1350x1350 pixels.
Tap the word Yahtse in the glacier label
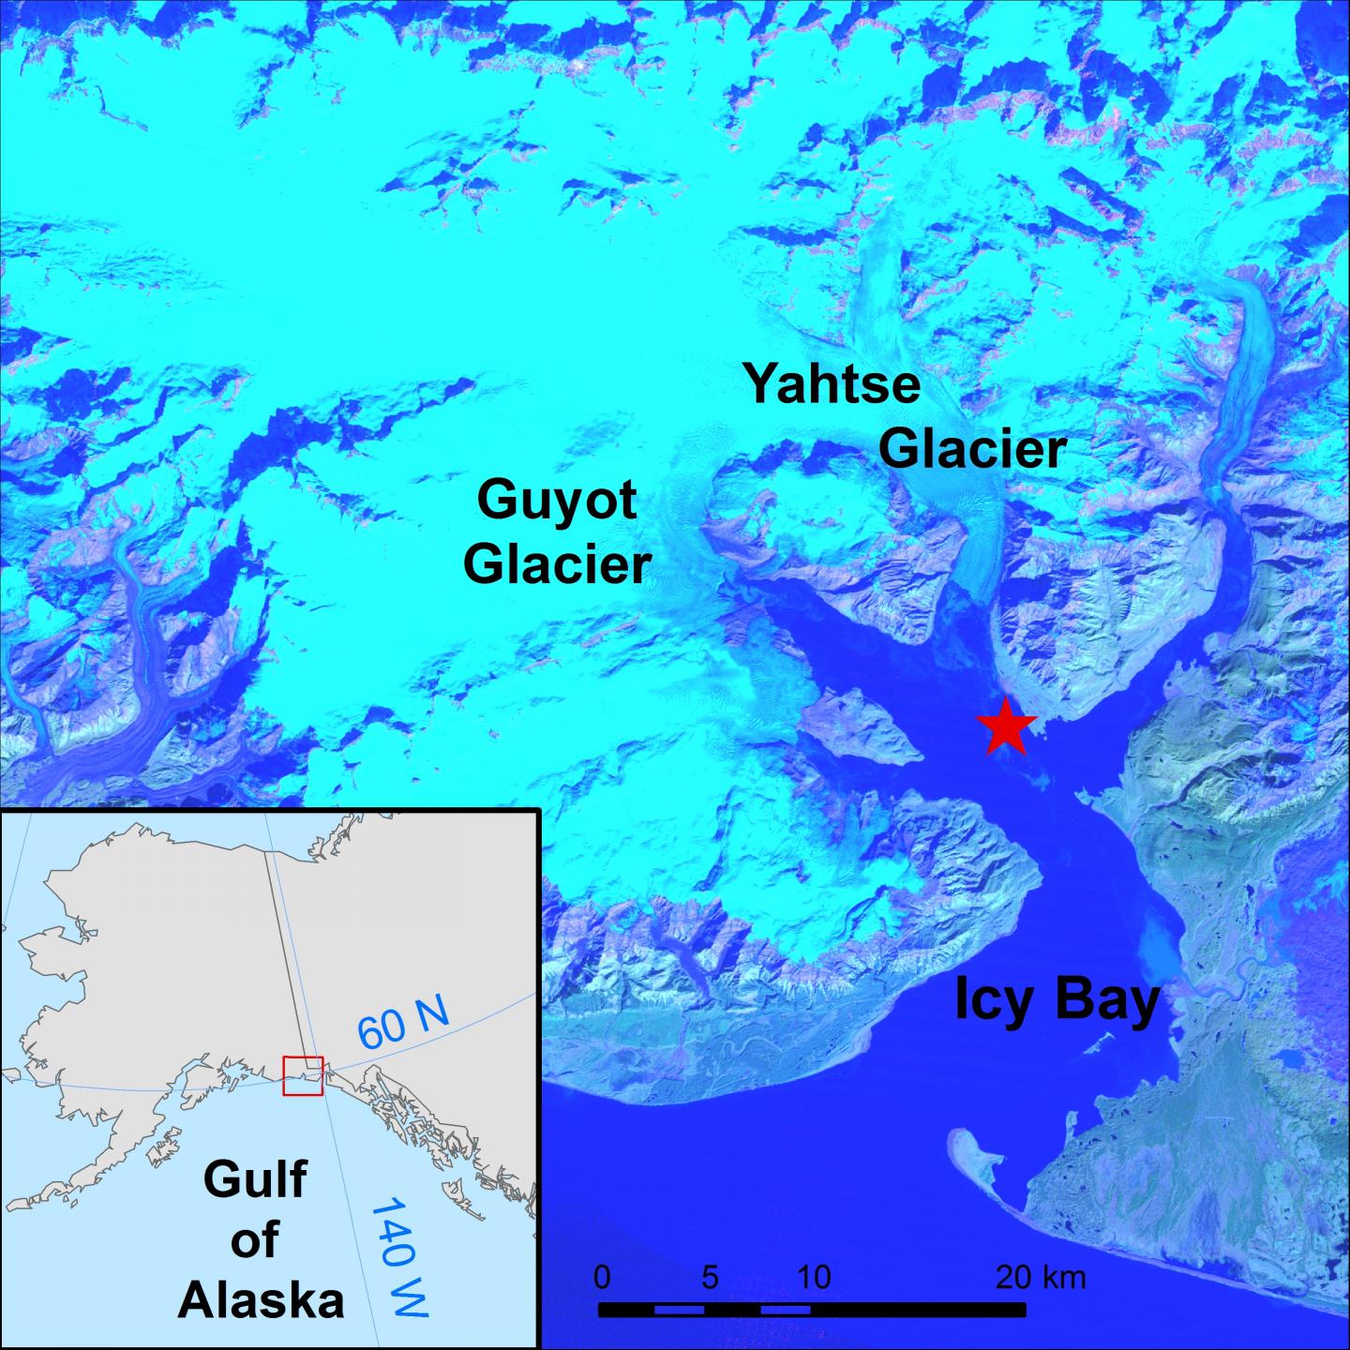click(832, 384)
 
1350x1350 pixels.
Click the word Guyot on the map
click(557, 501)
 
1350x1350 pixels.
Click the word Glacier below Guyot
click(558, 564)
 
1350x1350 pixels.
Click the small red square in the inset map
click(303, 1075)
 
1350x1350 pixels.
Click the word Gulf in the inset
click(255, 1178)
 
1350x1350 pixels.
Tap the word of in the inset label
click(255, 1239)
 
